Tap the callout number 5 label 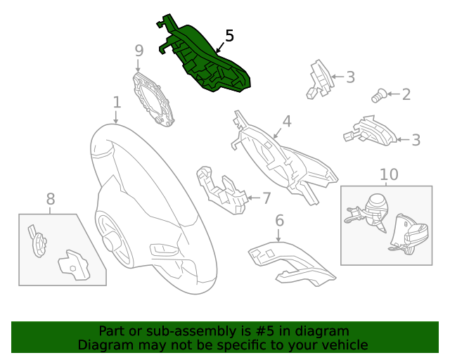[x=229, y=36]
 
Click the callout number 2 [x=406, y=94]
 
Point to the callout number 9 [x=139, y=50]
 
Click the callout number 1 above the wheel [x=117, y=103]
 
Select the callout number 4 [x=287, y=122]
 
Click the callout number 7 [x=266, y=198]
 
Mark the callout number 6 [x=279, y=221]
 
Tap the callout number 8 [x=50, y=200]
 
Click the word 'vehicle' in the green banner [x=344, y=345]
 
